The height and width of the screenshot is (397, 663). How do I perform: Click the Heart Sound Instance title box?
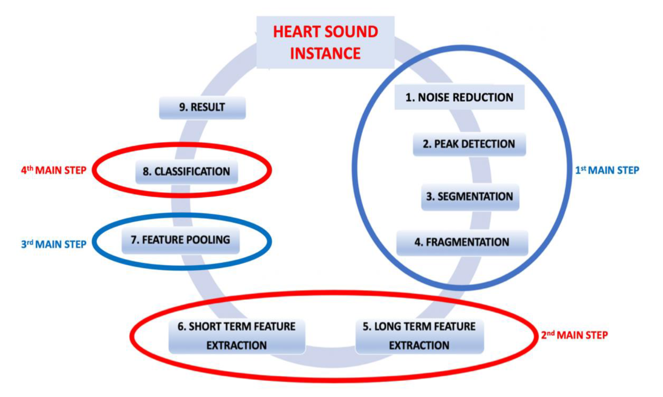325,42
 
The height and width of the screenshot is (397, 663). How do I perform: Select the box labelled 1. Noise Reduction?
459,97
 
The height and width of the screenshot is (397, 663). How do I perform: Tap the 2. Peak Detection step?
469,144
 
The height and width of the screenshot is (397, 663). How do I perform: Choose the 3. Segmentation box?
470,197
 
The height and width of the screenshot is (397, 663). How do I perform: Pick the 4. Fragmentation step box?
462,242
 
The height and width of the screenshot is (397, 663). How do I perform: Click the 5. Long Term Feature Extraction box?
419,336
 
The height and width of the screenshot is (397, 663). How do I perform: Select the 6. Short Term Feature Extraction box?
236,336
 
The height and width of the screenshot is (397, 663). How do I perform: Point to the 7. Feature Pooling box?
180,240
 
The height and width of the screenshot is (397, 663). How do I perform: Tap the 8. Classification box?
186,172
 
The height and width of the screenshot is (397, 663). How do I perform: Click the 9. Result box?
202,108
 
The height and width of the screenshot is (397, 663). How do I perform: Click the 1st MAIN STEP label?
607,170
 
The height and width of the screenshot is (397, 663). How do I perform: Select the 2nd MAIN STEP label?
574,335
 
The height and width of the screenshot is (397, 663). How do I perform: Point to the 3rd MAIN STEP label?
54,244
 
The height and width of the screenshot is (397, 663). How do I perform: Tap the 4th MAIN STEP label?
54,170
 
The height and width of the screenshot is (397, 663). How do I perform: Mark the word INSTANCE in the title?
325,53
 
